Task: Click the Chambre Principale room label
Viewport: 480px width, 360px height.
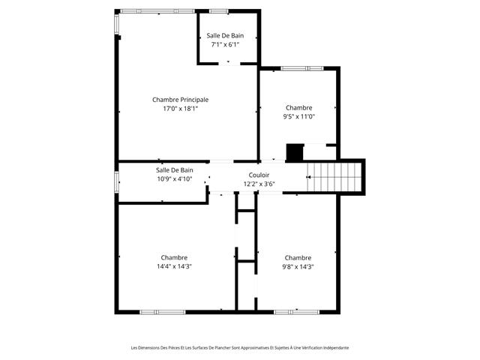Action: [180, 99]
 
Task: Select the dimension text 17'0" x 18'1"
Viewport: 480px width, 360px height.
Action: [180, 109]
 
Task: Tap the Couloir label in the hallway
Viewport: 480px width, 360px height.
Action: [259, 174]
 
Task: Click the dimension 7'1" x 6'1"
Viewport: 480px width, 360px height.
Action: [225, 44]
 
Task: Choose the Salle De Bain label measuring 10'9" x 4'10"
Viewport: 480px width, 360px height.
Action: [174, 169]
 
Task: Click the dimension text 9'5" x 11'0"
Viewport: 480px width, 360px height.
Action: [298, 116]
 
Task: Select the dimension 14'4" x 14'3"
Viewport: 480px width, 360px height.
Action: [174, 266]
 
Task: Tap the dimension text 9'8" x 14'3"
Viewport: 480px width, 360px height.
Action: [298, 266]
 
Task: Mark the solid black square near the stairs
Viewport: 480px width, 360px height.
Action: [295, 152]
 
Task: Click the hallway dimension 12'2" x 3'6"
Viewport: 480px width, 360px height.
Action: [259, 184]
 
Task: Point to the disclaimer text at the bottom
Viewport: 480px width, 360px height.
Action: [239, 347]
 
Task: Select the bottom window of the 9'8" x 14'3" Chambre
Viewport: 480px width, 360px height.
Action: [296, 311]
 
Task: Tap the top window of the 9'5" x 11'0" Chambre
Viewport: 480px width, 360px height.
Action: [301, 68]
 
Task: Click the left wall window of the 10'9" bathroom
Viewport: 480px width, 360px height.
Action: [116, 181]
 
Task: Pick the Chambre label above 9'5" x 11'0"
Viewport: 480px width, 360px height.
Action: [298, 107]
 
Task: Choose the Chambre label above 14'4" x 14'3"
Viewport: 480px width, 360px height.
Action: [174, 257]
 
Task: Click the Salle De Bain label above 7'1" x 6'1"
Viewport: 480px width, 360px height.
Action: [225, 35]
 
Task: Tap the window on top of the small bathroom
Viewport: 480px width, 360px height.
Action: [219, 11]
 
